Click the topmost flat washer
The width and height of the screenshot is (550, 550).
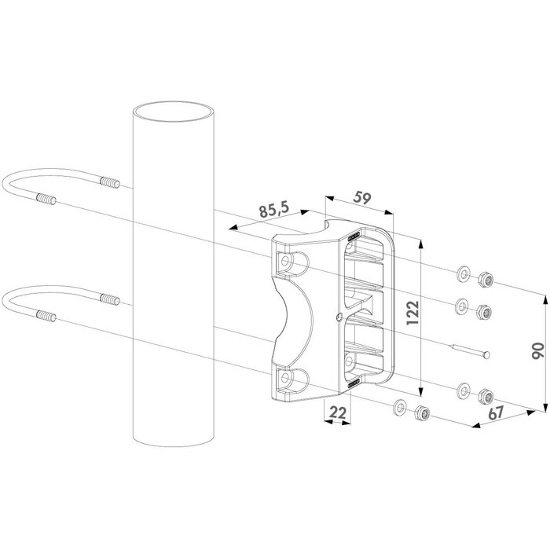pos(462,273)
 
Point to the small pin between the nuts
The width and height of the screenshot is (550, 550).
pos(469,352)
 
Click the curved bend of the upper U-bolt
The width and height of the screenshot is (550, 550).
pos(11,188)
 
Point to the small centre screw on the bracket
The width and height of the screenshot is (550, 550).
pos(337,317)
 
